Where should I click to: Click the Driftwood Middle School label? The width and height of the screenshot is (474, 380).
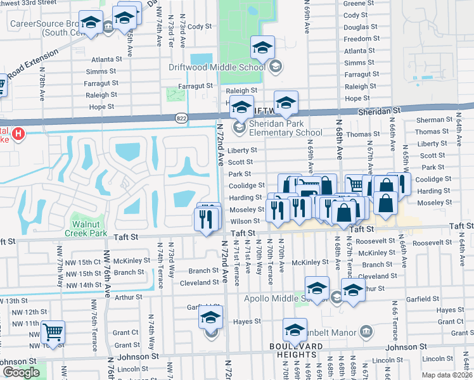[x=226, y=67]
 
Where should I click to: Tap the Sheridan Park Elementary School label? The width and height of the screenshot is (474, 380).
[x=285, y=128]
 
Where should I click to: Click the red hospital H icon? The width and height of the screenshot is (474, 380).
[x=18, y=134]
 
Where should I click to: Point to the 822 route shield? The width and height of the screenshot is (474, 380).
[x=181, y=117]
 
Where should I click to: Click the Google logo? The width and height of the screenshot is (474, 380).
[x=21, y=372]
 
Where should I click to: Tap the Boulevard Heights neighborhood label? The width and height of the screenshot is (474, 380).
[x=296, y=350]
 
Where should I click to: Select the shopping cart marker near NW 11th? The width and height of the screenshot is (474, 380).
[x=53, y=331]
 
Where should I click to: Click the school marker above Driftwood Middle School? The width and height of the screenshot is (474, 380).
[x=262, y=47]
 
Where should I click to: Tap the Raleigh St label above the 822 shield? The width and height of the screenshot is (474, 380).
[x=243, y=91]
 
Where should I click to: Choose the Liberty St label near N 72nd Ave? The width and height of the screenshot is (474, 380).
[x=243, y=150]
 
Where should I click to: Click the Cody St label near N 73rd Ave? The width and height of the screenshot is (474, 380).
[x=199, y=27]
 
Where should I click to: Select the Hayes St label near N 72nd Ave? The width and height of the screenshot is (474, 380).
[x=243, y=322]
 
